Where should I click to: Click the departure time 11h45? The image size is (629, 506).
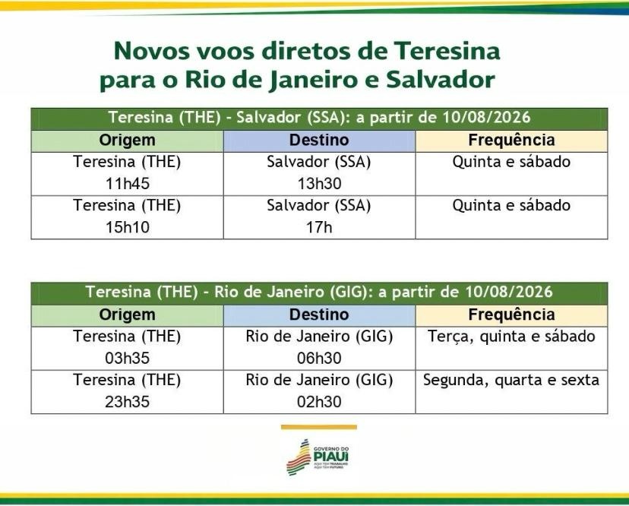pos(127,183)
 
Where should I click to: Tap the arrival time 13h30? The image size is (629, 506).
pos(319,183)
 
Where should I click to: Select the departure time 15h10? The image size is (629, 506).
pos(127,227)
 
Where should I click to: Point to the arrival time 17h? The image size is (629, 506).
pos(319,227)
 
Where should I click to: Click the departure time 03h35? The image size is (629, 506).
pos(127,358)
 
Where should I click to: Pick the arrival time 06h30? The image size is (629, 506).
pos(319,358)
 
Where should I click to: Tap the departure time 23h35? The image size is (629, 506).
pos(127,402)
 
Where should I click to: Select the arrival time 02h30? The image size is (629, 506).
pos(319,402)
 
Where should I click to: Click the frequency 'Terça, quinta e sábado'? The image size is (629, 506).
pos(511,337)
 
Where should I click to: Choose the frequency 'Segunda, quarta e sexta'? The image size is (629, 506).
pos(511,380)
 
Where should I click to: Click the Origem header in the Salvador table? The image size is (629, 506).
pos(127,141)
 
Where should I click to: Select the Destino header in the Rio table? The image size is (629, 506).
pos(319,315)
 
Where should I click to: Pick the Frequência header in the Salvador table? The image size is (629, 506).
pos(511,141)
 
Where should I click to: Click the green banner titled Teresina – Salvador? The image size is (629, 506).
pos(319,119)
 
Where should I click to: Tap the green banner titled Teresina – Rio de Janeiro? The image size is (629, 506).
pos(319,293)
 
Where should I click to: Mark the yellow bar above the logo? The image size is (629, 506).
pos(318,427)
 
